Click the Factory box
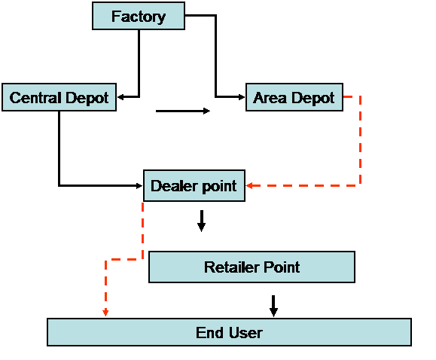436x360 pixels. (139, 16)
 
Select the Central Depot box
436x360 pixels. (59, 97)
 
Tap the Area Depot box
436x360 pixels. (294, 97)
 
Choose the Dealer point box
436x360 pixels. (194, 185)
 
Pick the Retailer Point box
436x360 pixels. (252, 267)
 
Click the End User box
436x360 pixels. (229, 332)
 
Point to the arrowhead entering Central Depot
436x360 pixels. (120, 97)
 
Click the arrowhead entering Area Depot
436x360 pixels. (242, 97)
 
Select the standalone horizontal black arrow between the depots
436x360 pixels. (183, 111)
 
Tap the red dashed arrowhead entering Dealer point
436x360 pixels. (249, 185)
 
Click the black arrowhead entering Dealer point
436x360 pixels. (139, 185)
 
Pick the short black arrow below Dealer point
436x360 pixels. (202, 221)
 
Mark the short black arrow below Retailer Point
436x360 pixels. (273, 306)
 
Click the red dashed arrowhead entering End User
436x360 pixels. (105, 313)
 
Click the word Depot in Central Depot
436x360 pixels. (87, 99)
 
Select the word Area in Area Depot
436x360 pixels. (270, 98)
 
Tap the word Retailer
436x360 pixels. (232, 267)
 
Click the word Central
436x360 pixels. (35, 98)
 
